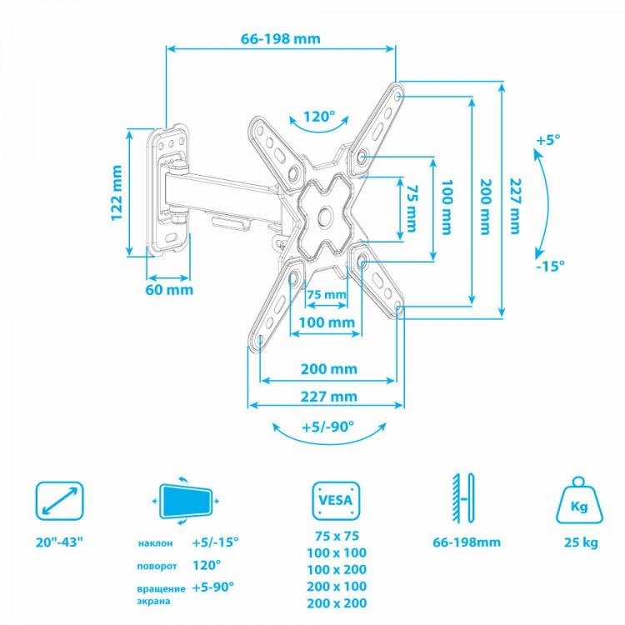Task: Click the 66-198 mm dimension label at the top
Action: coord(281,38)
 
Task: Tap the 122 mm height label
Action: coord(117,193)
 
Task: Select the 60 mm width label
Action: coord(169,289)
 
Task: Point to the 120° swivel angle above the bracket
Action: coord(319,117)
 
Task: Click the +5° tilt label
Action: coord(548,140)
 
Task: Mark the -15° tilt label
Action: coord(550,265)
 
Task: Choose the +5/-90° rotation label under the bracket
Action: coord(328,427)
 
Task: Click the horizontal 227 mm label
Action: coord(329,396)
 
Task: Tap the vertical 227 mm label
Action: coord(515,206)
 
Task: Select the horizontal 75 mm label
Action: coord(327,295)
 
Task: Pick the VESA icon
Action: coord(336,501)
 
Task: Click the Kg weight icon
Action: coord(579,500)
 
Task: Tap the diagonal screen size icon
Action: coord(60,501)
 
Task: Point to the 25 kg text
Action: coord(581,542)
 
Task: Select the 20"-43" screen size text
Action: coord(59,542)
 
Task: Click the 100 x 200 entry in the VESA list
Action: coord(337,570)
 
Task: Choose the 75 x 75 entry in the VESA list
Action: coord(337,536)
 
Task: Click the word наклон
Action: coord(156,543)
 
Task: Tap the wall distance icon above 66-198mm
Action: coord(463,498)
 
